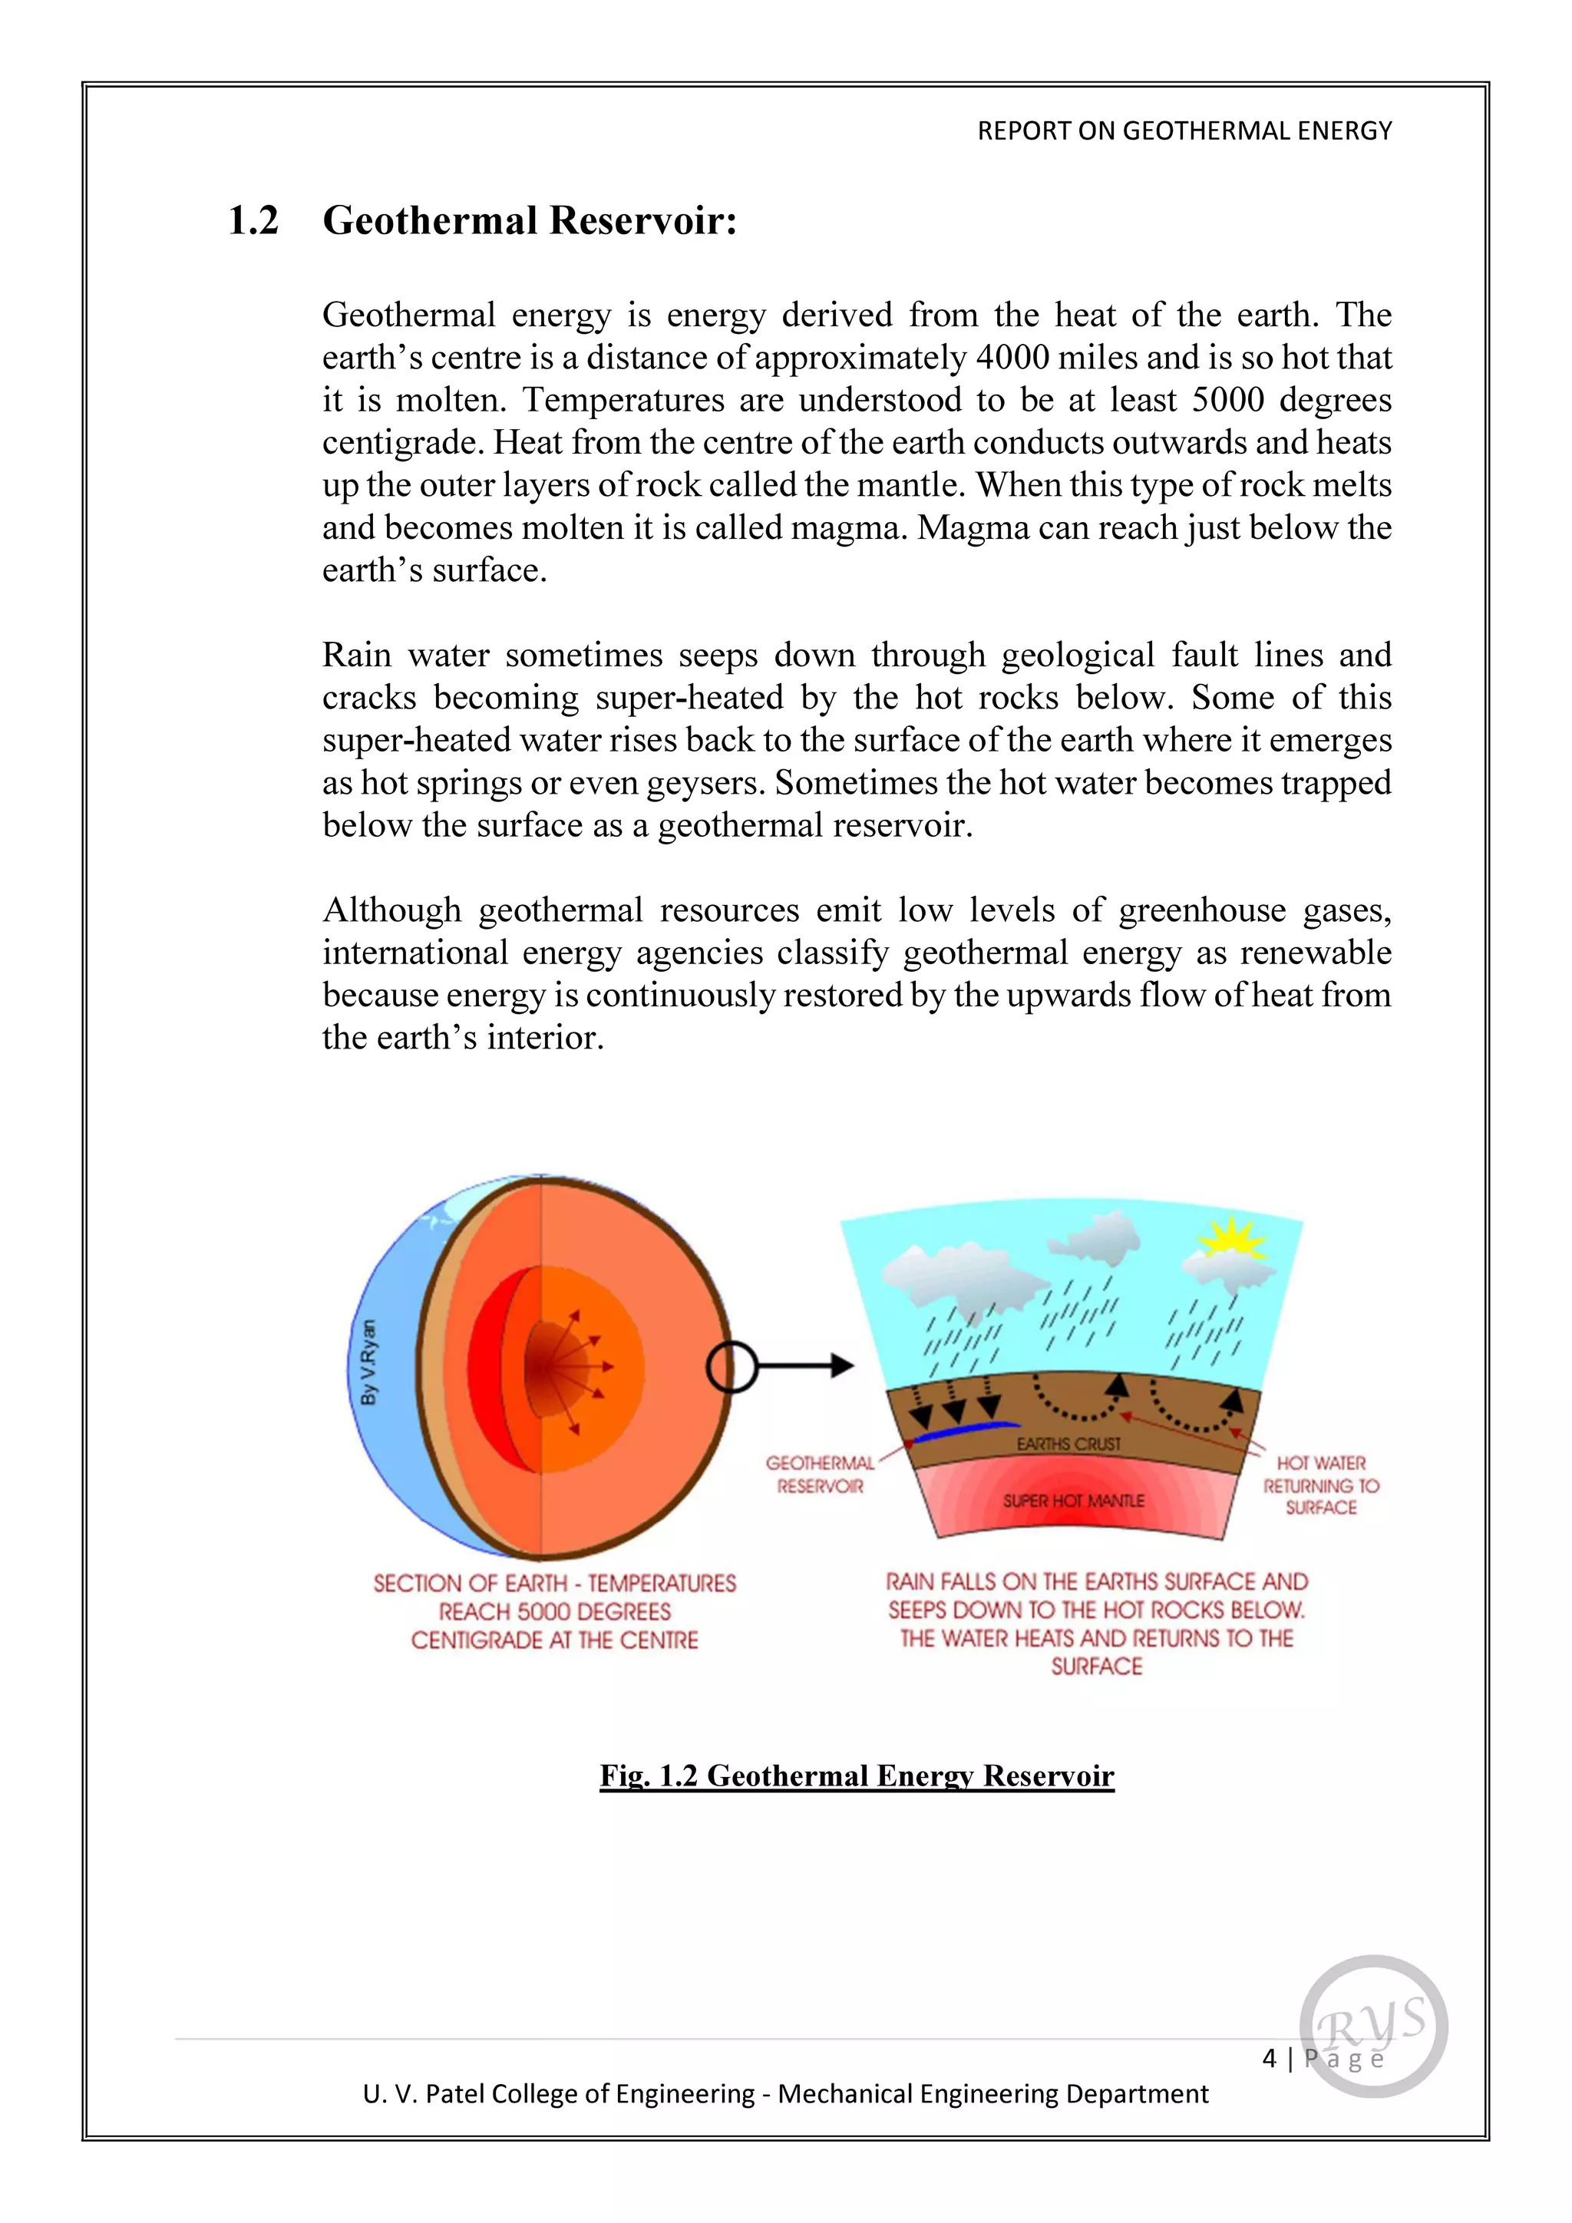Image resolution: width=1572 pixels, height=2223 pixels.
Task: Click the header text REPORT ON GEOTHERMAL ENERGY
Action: coord(1184,130)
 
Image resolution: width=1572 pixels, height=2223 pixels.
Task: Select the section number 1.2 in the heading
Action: coord(253,221)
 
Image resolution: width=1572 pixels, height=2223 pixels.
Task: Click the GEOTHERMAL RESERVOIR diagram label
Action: coord(820,1474)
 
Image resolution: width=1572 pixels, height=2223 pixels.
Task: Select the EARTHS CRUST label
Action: coord(1068,1444)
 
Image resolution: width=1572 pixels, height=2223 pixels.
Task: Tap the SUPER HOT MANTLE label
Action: coord(1074,1501)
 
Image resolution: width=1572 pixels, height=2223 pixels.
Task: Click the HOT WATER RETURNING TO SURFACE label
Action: coord(1320,1485)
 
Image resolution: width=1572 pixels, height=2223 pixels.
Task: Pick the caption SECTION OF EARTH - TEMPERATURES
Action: coord(555,1583)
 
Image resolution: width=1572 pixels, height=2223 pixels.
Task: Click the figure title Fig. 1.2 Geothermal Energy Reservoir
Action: coord(857,1775)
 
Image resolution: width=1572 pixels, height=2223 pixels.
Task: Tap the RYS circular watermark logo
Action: coord(1372,2026)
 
